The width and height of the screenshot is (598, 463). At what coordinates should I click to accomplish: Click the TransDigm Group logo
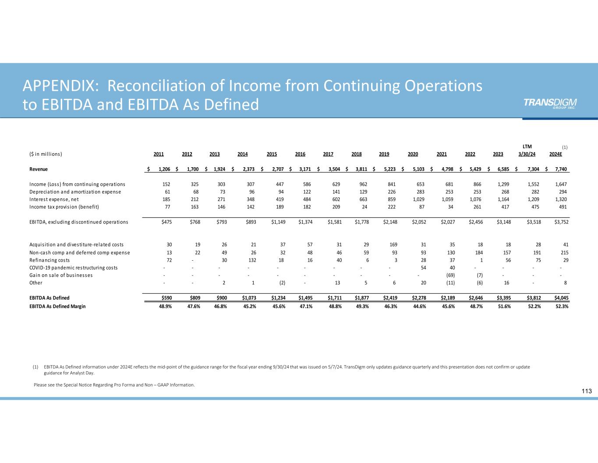tap(550, 103)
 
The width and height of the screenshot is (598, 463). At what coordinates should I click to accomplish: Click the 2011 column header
tap(159, 154)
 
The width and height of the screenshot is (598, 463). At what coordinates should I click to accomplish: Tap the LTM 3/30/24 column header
tap(527, 151)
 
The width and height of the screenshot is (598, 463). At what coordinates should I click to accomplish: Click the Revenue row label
tap(39, 169)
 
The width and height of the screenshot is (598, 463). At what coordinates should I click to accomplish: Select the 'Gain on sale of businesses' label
tap(61, 275)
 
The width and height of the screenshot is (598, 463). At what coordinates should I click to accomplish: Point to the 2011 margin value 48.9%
tap(165, 306)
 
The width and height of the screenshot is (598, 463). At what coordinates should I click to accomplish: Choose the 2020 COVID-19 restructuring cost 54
tap(424, 268)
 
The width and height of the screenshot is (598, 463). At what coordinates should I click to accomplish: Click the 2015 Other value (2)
tap(282, 283)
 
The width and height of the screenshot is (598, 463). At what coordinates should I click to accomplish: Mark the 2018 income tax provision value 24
tap(365, 207)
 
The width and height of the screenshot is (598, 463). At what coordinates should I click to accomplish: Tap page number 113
tap(587, 391)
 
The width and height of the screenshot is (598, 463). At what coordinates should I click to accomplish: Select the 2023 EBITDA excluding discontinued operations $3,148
tap(502, 222)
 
